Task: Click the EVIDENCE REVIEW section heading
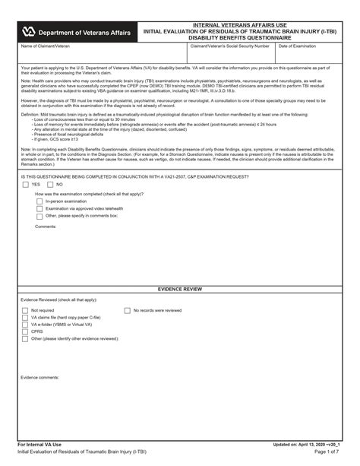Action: coord(179,290)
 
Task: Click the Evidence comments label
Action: coord(40,377)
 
